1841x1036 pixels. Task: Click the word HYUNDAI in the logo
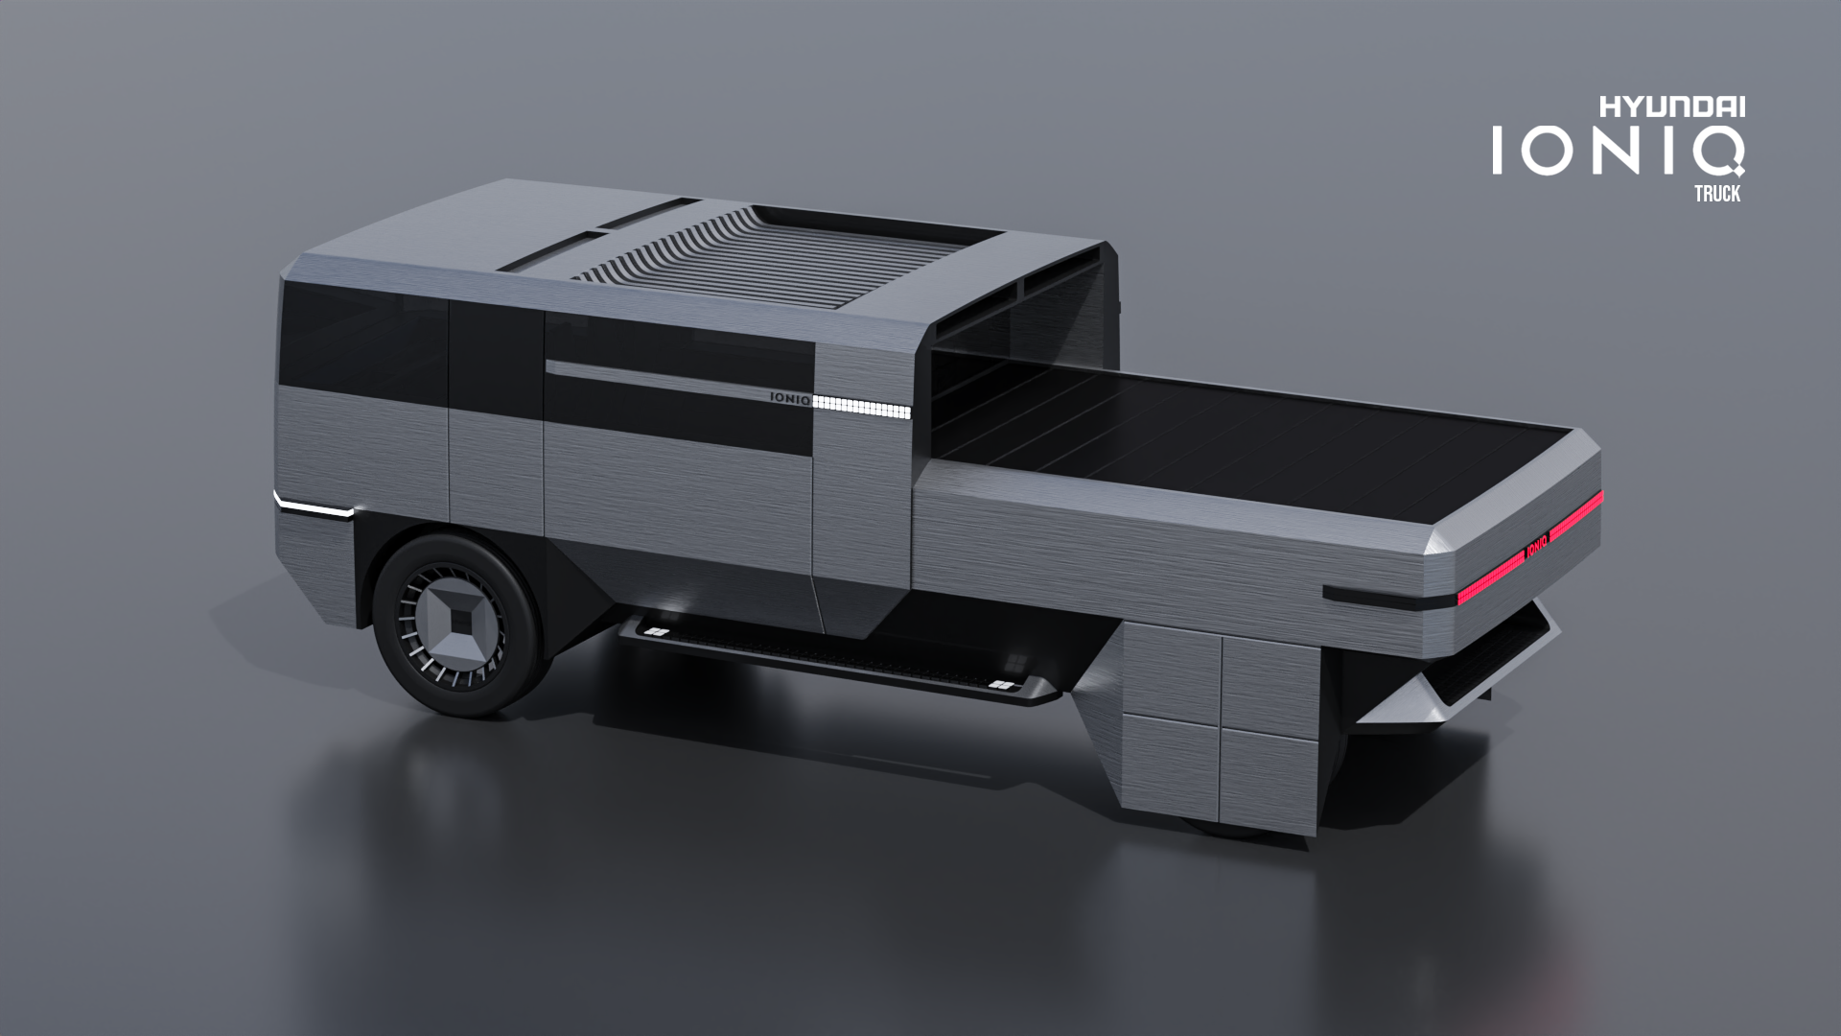(1671, 107)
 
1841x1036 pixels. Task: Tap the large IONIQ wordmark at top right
(1618, 152)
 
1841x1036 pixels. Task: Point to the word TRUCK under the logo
(1716, 193)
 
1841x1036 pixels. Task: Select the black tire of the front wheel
(451, 625)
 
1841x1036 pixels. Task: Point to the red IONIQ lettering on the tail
(1536, 543)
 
